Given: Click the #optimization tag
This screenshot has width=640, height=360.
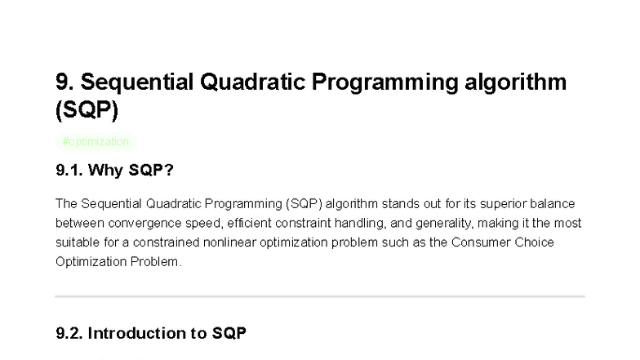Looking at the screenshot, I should [x=95, y=141].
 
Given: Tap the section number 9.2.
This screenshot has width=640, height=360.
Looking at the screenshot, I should [x=69, y=333].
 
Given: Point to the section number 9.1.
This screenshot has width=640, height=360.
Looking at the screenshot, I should [x=69, y=171].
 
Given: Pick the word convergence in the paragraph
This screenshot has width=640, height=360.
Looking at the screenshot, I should [x=122, y=223].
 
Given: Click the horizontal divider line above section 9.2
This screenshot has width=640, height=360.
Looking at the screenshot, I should [x=320, y=296].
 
